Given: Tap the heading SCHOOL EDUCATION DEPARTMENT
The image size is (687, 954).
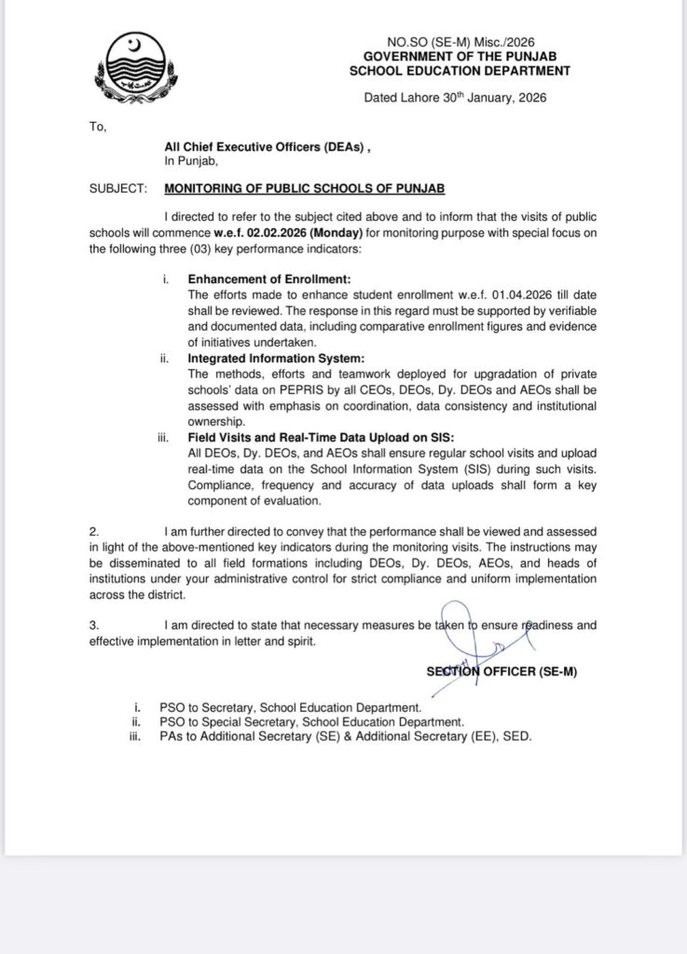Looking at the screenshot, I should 460,71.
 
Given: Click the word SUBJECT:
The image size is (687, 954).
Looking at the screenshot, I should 118,188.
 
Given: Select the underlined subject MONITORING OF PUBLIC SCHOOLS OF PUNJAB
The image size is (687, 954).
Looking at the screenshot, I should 305,188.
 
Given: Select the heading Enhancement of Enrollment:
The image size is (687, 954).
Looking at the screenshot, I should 268,279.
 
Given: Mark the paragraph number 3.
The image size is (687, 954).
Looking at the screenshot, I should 94,625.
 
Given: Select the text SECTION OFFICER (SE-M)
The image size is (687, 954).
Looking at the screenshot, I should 502,671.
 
